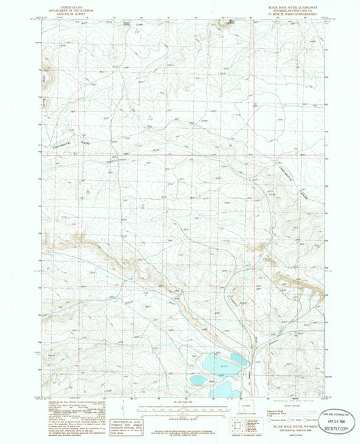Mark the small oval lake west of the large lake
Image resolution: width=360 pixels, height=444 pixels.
[198, 380]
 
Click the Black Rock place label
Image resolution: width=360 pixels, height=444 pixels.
[232, 21]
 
